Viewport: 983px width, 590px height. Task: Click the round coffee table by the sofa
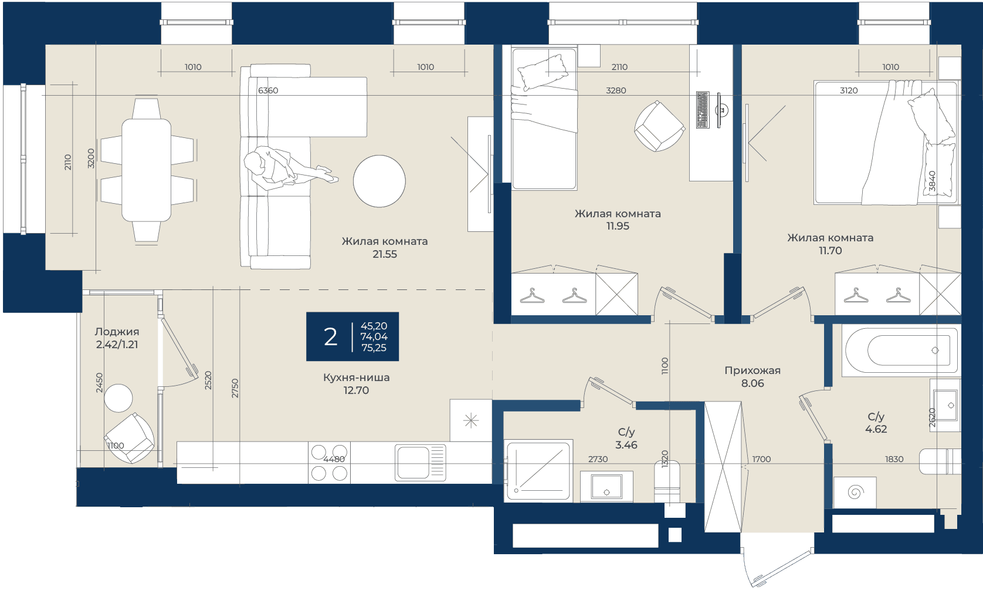pyautogui.click(x=379, y=181)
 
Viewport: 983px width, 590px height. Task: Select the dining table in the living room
pyautogui.click(x=146, y=170)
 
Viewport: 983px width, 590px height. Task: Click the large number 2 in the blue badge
pyautogui.click(x=330, y=337)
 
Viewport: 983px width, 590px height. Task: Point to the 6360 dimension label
pyautogui.click(x=268, y=90)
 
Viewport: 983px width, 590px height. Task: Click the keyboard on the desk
pyautogui.click(x=703, y=110)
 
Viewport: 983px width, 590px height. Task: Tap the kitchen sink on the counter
pyautogui.click(x=420, y=463)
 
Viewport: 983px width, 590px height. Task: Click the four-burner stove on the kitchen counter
pyautogui.click(x=329, y=463)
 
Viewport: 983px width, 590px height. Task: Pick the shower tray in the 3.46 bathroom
pyautogui.click(x=540, y=470)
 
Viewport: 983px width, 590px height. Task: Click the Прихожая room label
pyautogui.click(x=752, y=370)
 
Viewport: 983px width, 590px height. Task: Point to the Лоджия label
pyautogui.click(x=117, y=332)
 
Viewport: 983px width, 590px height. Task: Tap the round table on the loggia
pyautogui.click(x=118, y=398)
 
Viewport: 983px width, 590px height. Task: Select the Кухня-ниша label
pyautogui.click(x=357, y=377)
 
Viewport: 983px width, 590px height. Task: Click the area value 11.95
pyautogui.click(x=618, y=226)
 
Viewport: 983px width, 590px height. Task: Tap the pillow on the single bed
pyautogui.click(x=543, y=72)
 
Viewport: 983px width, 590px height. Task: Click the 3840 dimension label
pyautogui.click(x=932, y=181)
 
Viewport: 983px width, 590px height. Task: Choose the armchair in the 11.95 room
pyautogui.click(x=659, y=126)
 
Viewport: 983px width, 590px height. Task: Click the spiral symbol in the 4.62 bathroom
pyautogui.click(x=855, y=491)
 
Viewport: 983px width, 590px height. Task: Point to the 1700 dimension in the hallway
pyautogui.click(x=761, y=459)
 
